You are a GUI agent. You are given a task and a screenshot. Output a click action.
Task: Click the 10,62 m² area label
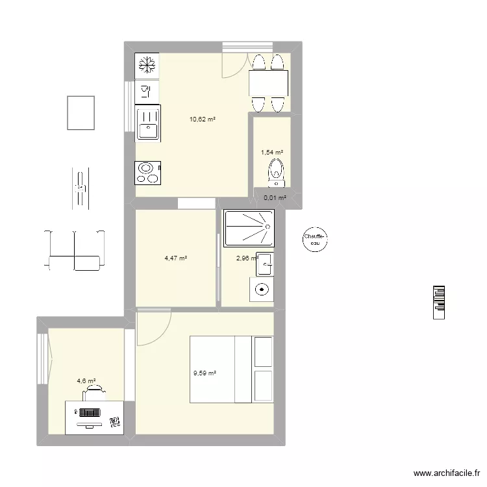click(x=202, y=119)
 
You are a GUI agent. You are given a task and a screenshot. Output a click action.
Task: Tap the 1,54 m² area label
click(x=272, y=152)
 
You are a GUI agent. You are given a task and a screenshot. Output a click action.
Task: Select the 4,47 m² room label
click(x=176, y=258)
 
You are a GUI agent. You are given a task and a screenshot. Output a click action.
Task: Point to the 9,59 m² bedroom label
click(x=205, y=373)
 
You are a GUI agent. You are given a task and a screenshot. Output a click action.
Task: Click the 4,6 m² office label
click(x=86, y=381)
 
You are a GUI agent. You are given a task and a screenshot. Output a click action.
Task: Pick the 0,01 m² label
click(x=275, y=198)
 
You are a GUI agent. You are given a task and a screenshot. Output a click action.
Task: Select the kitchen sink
click(x=147, y=124)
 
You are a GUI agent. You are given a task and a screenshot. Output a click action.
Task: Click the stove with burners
click(x=147, y=173)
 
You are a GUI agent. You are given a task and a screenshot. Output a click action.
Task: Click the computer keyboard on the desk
click(x=88, y=412)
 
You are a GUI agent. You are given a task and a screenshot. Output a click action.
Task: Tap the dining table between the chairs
click(x=269, y=82)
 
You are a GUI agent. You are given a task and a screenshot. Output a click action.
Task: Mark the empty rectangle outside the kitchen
click(x=81, y=112)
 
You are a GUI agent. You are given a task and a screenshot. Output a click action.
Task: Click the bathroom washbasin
click(x=264, y=263)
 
